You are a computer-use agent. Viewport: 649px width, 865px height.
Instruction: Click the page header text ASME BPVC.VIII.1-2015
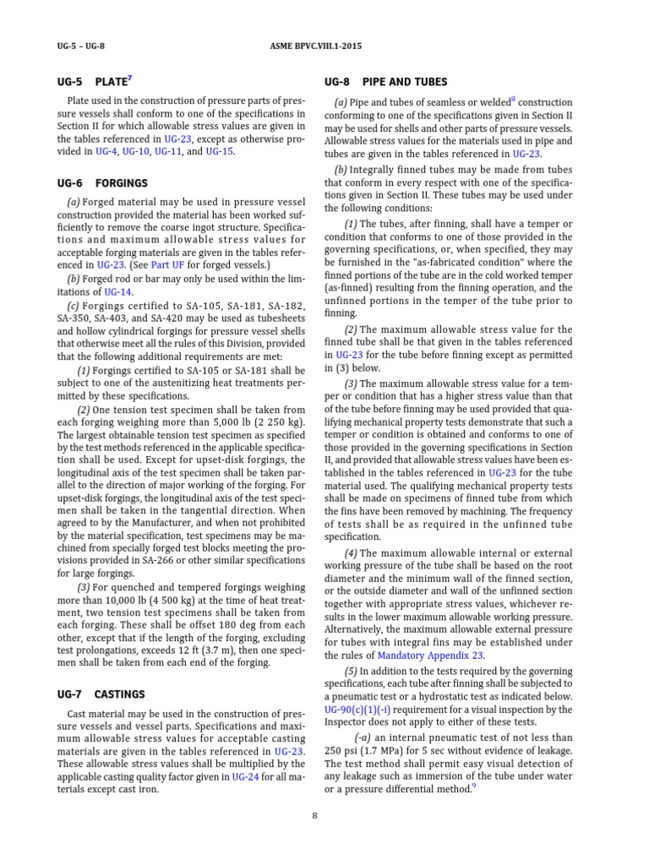pyautogui.click(x=324, y=46)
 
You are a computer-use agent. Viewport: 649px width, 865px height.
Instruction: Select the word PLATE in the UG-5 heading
pyautogui.click(x=110, y=83)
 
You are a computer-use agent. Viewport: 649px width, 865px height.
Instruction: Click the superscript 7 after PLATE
pyautogui.click(x=129, y=79)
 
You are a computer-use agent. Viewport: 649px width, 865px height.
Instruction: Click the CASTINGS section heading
pyautogui.click(x=122, y=694)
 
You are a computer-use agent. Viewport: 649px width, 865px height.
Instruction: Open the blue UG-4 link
pyautogui.click(x=106, y=152)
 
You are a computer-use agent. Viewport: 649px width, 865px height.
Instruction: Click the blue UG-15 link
pyautogui.click(x=220, y=152)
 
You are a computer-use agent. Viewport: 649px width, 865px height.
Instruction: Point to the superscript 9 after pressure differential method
pyautogui.click(x=474, y=786)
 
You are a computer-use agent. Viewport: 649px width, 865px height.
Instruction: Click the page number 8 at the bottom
pyautogui.click(x=314, y=816)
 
